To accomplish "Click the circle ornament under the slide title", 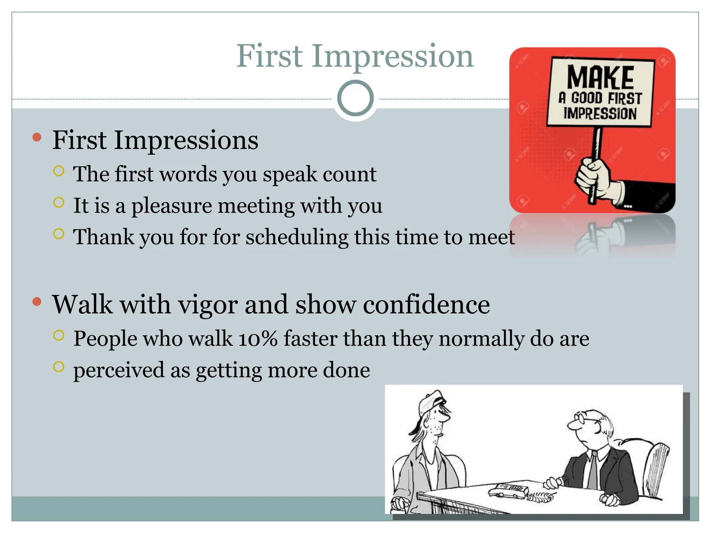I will click(355, 98).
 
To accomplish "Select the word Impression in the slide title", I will click(392, 56).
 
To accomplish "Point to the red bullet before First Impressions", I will click(37, 137).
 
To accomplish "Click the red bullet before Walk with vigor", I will click(37, 302).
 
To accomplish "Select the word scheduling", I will click(297, 237).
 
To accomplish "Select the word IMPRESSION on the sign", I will click(600, 113).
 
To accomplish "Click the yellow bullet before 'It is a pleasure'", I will click(59, 202).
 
